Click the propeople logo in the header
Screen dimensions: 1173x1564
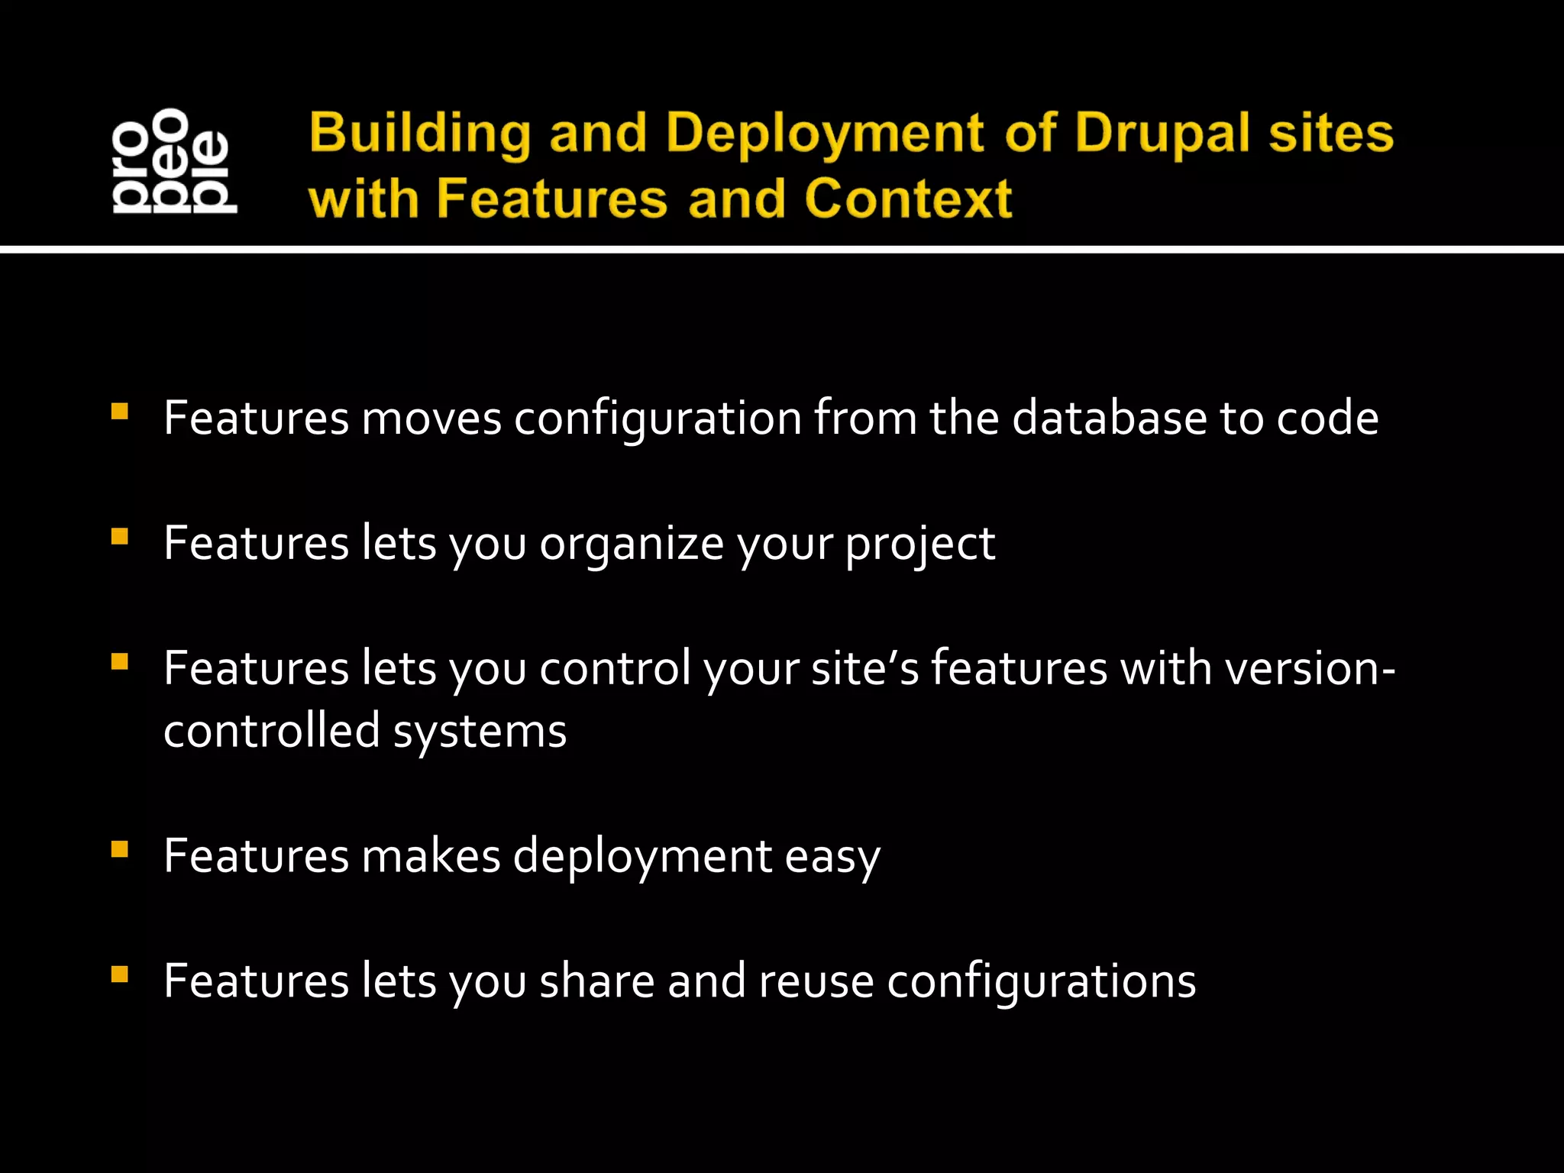pyautogui.click(x=174, y=160)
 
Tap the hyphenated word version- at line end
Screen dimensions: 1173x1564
pyautogui.click(x=1310, y=669)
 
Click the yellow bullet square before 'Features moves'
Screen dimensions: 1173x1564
pyautogui.click(x=119, y=412)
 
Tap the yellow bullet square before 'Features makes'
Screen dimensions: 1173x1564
pyautogui.click(x=119, y=850)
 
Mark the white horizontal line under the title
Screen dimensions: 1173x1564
pyautogui.click(x=782, y=249)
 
